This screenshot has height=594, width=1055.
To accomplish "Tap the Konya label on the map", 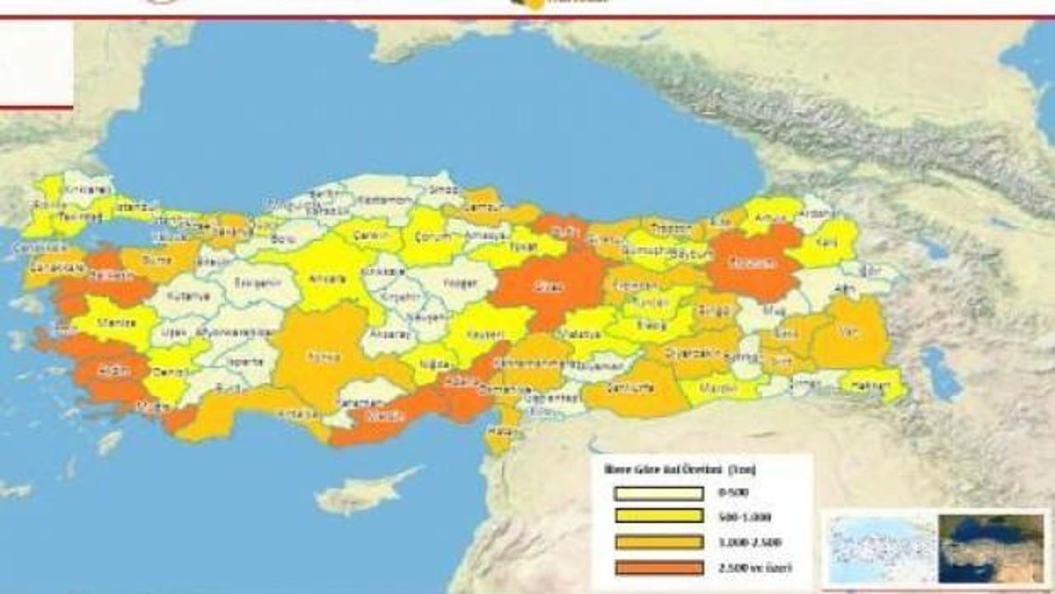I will point(317,357).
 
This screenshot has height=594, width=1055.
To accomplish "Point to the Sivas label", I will point(551,287).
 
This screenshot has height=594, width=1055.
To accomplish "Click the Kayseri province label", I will point(482,336).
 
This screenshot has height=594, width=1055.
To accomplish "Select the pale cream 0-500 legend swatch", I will point(658,494).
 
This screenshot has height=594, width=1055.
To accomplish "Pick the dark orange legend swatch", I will point(658,568).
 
